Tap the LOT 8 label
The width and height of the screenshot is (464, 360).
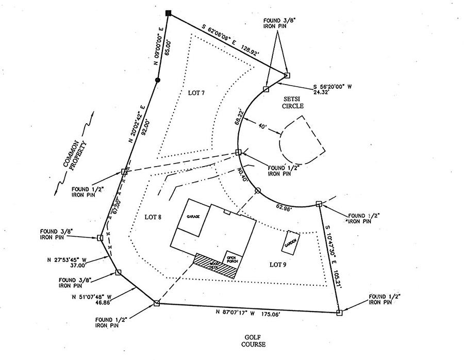[153, 217]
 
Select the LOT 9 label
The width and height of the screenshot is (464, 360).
[278, 265]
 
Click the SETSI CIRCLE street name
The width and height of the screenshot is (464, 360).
[293, 102]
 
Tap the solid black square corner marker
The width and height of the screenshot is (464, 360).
[168, 12]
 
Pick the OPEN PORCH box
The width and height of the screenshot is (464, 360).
[231, 258]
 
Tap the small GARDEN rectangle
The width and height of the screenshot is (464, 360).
[291, 241]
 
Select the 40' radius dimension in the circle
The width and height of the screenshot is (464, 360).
[263, 126]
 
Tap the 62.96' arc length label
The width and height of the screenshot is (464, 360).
[284, 208]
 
